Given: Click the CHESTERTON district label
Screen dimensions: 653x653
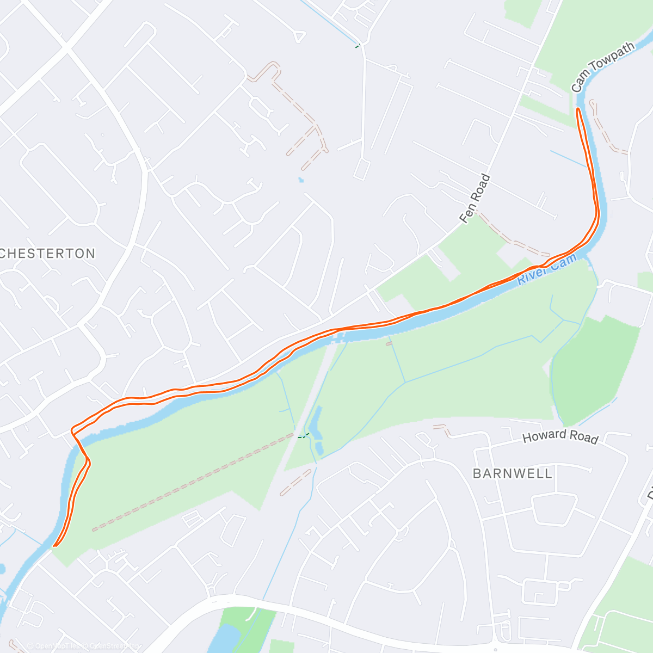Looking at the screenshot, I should [x=48, y=254].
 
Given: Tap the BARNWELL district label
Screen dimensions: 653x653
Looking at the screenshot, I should [x=512, y=473].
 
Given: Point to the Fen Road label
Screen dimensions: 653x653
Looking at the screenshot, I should [x=475, y=199].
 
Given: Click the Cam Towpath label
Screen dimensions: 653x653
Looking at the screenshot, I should [x=602, y=67].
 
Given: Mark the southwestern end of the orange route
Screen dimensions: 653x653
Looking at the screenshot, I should [x=55, y=545].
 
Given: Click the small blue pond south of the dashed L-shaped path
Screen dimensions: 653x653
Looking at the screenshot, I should [x=301, y=179].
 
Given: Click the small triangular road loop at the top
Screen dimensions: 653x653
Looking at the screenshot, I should [x=298, y=36].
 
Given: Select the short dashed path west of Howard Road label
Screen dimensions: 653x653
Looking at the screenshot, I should [x=442, y=430].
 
